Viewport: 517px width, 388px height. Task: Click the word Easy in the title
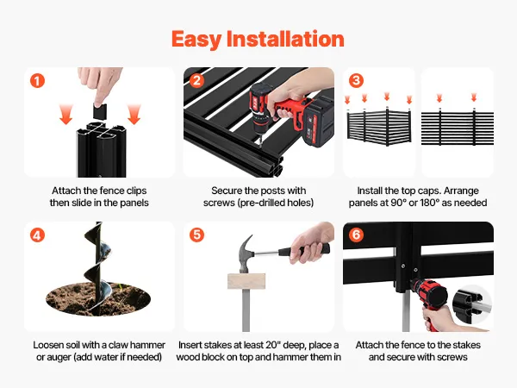tap(196, 40)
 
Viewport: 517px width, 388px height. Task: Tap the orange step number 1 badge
tap(37, 81)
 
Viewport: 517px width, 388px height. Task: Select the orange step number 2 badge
tap(196, 80)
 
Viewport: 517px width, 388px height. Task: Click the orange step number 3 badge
tap(356, 80)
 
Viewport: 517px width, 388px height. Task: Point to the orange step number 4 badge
tap(37, 235)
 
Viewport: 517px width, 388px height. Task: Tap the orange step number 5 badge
tap(196, 235)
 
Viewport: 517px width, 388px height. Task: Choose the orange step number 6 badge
tap(356, 235)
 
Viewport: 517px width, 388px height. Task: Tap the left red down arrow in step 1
tap(66, 114)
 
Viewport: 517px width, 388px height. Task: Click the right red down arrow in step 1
tap(134, 114)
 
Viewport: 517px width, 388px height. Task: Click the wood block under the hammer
tap(246, 281)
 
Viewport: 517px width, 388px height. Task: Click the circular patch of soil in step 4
tap(98, 299)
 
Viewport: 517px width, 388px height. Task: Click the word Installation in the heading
tap(285, 39)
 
